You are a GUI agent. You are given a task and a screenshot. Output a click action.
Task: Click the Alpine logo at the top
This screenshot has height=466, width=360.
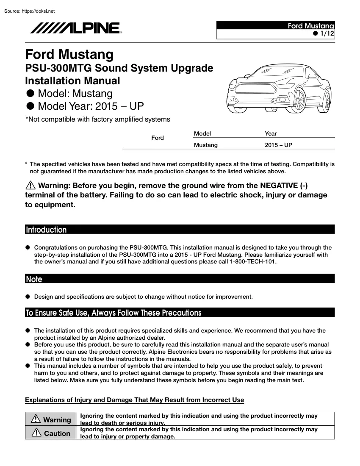point(75,28)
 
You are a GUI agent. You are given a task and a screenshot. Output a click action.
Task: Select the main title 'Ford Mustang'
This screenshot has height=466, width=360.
point(69,55)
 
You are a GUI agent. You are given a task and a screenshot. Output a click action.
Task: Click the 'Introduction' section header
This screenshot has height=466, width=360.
point(46,230)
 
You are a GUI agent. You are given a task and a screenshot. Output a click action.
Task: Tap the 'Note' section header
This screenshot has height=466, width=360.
point(34,279)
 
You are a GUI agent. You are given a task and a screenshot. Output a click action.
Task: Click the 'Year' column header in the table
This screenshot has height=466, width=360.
point(271,133)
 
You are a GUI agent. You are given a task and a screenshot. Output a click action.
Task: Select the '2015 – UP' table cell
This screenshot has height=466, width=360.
point(278,145)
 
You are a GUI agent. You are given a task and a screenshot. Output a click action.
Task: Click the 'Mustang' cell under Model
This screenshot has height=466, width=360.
point(205,145)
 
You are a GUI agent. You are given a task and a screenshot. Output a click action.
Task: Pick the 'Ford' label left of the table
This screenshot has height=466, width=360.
point(158,138)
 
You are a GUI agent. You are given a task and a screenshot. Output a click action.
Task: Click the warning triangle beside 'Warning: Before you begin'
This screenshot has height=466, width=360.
point(31,185)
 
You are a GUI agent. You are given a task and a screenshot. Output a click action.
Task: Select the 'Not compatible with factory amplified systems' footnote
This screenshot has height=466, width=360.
point(98,119)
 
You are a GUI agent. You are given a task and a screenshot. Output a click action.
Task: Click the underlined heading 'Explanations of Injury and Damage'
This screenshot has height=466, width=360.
point(134,400)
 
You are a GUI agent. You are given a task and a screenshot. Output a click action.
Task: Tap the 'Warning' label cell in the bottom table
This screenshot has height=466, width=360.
point(51,420)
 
